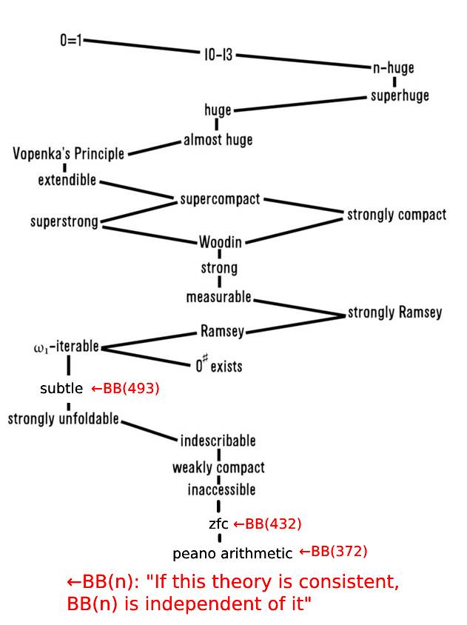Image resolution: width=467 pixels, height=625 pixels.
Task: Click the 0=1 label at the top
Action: click(x=73, y=40)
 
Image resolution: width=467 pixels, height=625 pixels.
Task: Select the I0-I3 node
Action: click(x=218, y=55)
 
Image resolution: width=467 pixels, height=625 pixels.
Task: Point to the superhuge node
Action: click(x=400, y=96)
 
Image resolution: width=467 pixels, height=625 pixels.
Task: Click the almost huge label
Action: click(x=218, y=139)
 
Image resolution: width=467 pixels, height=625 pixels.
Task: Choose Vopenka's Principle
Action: click(x=69, y=154)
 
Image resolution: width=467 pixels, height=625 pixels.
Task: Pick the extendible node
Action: click(x=67, y=180)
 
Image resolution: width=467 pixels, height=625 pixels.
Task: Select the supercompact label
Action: click(x=220, y=199)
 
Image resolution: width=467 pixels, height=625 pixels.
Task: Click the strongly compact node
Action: click(x=397, y=215)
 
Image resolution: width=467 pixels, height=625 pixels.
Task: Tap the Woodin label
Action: click(x=220, y=242)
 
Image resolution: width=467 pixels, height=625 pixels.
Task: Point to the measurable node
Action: click(x=218, y=297)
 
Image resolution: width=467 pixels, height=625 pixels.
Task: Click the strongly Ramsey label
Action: click(x=394, y=312)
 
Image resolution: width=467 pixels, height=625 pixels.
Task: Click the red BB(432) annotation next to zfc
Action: click(x=267, y=524)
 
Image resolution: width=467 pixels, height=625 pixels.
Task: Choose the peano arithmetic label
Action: click(x=232, y=554)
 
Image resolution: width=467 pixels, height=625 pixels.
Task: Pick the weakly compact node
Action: click(x=218, y=468)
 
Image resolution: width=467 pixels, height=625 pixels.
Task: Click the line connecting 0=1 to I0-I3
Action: click(x=141, y=47)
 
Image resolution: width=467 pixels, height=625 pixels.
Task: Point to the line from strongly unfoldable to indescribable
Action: click(x=149, y=430)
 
